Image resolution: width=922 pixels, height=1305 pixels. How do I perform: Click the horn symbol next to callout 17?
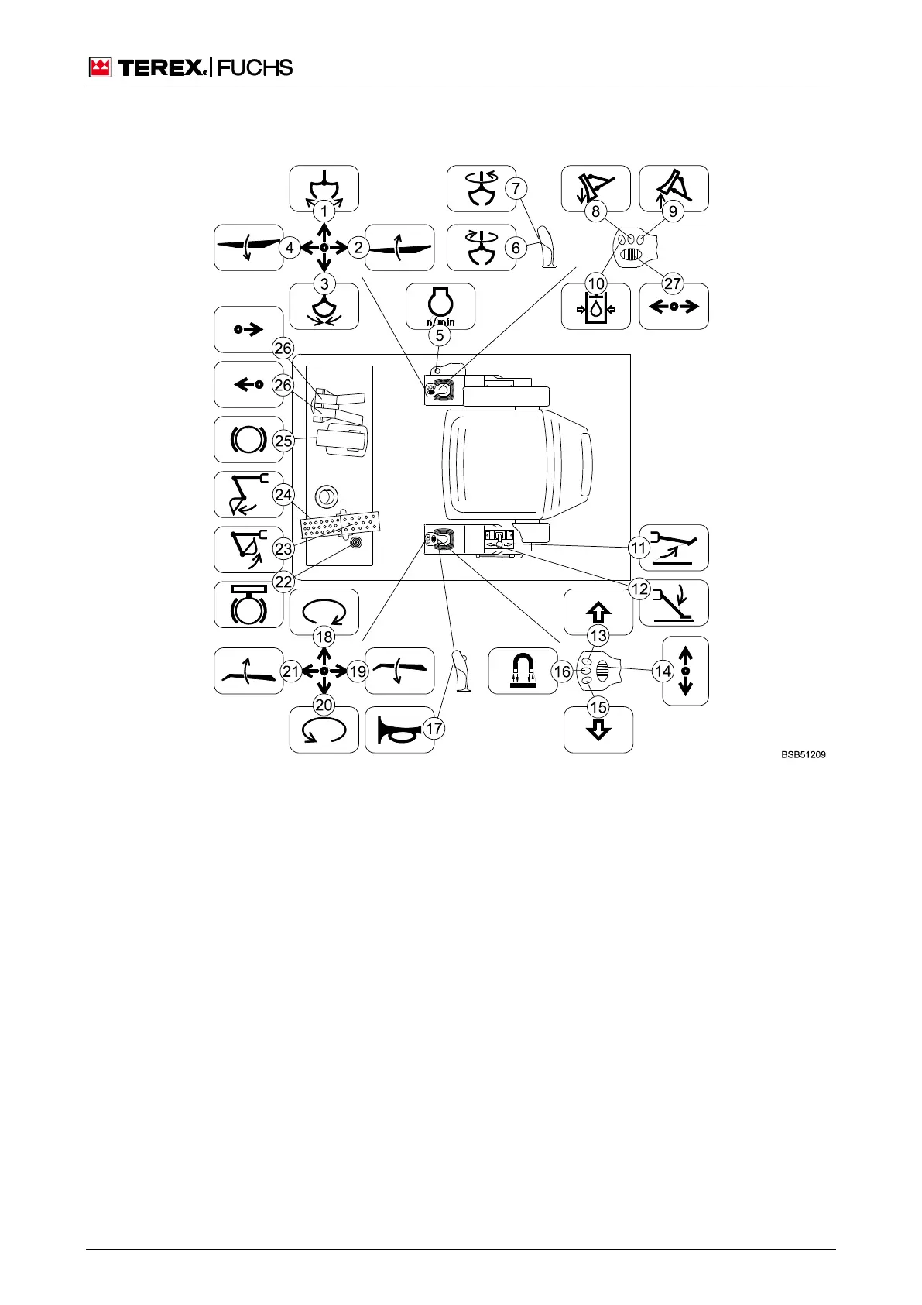pyautogui.click(x=398, y=730)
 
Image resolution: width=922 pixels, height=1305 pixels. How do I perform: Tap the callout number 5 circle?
pyautogui.click(x=440, y=335)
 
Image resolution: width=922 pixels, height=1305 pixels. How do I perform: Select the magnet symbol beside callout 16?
pyautogui.click(x=523, y=671)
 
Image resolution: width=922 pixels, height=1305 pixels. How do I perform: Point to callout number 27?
pyautogui.click(x=672, y=283)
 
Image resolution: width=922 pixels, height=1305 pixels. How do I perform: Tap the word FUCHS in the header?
pyautogui.click(x=255, y=68)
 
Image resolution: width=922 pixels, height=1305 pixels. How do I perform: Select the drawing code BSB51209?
pyautogui.click(x=803, y=754)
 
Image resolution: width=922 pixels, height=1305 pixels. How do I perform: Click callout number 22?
pyautogui.click(x=283, y=582)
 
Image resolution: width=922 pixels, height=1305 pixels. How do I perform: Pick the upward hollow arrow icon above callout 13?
pyautogui.click(x=598, y=612)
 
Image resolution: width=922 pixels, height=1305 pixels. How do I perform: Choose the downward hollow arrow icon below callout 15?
pyautogui.click(x=598, y=730)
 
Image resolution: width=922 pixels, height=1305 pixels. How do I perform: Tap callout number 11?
pyautogui.click(x=638, y=548)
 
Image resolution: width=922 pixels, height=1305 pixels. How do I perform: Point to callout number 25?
pyautogui.click(x=283, y=441)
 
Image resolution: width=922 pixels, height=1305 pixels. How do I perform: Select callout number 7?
pyautogui.click(x=516, y=188)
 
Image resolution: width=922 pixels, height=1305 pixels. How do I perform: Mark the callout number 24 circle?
pyautogui.click(x=283, y=494)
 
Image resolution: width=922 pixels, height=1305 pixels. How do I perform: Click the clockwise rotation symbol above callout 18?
pyautogui.click(x=324, y=612)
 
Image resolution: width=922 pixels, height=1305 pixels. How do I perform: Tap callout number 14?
pyautogui.click(x=663, y=671)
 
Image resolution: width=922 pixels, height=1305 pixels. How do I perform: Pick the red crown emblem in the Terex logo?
pyautogui.click(x=100, y=68)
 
